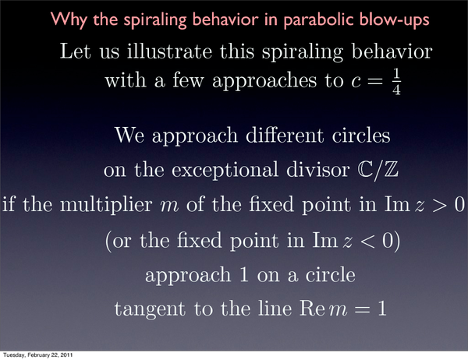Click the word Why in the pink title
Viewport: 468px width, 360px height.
click(x=69, y=20)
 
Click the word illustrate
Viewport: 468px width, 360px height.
click(x=169, y=51)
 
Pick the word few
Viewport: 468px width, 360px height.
click(x=188, y=80)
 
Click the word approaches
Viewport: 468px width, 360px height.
click(x=264, y=81)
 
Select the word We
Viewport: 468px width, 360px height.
click(x=129, y=136)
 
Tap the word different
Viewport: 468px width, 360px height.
click(x=285, y=136)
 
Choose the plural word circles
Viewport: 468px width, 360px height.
click(x=361, y=136)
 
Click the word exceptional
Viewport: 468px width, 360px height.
click(x=225, y=171)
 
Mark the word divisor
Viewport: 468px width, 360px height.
click(x=317, y=170)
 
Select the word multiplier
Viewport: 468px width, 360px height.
click(x=106, y=206)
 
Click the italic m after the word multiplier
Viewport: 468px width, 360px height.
click(x=169, y=207)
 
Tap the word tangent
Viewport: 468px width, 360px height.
click(x=150, y=309)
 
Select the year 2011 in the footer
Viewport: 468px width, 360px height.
click(x=67, y=355)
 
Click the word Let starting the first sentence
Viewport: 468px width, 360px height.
click(x=75, y=51)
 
